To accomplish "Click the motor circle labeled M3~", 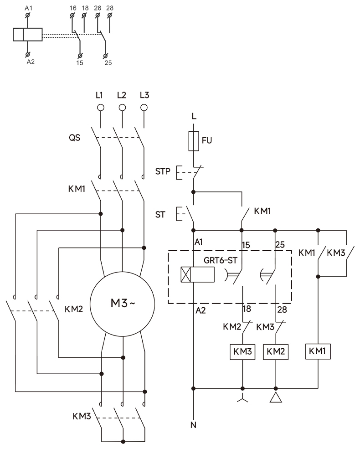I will (x=122, y=303).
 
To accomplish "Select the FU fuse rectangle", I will (x=194, y=141).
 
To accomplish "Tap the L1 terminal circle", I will (x=100, y=108).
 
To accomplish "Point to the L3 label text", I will (x=144, y=95).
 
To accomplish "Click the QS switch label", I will (x=75, y=137).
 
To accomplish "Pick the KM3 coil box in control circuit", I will (x=242, y=351).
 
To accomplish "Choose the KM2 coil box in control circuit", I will (x=276, y=351).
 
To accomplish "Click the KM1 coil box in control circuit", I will (x=318, y=351).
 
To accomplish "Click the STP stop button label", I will (x=163, y=172).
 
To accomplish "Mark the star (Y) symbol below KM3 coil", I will (x=242, y=399).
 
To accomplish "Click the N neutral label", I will (x=194, y=426).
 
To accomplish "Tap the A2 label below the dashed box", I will (x=200, y=311).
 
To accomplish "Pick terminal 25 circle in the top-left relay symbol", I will (x=106, y=56).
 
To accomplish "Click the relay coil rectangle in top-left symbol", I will (x=27, y=35).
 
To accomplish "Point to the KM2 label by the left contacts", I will (x=74, y=309).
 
